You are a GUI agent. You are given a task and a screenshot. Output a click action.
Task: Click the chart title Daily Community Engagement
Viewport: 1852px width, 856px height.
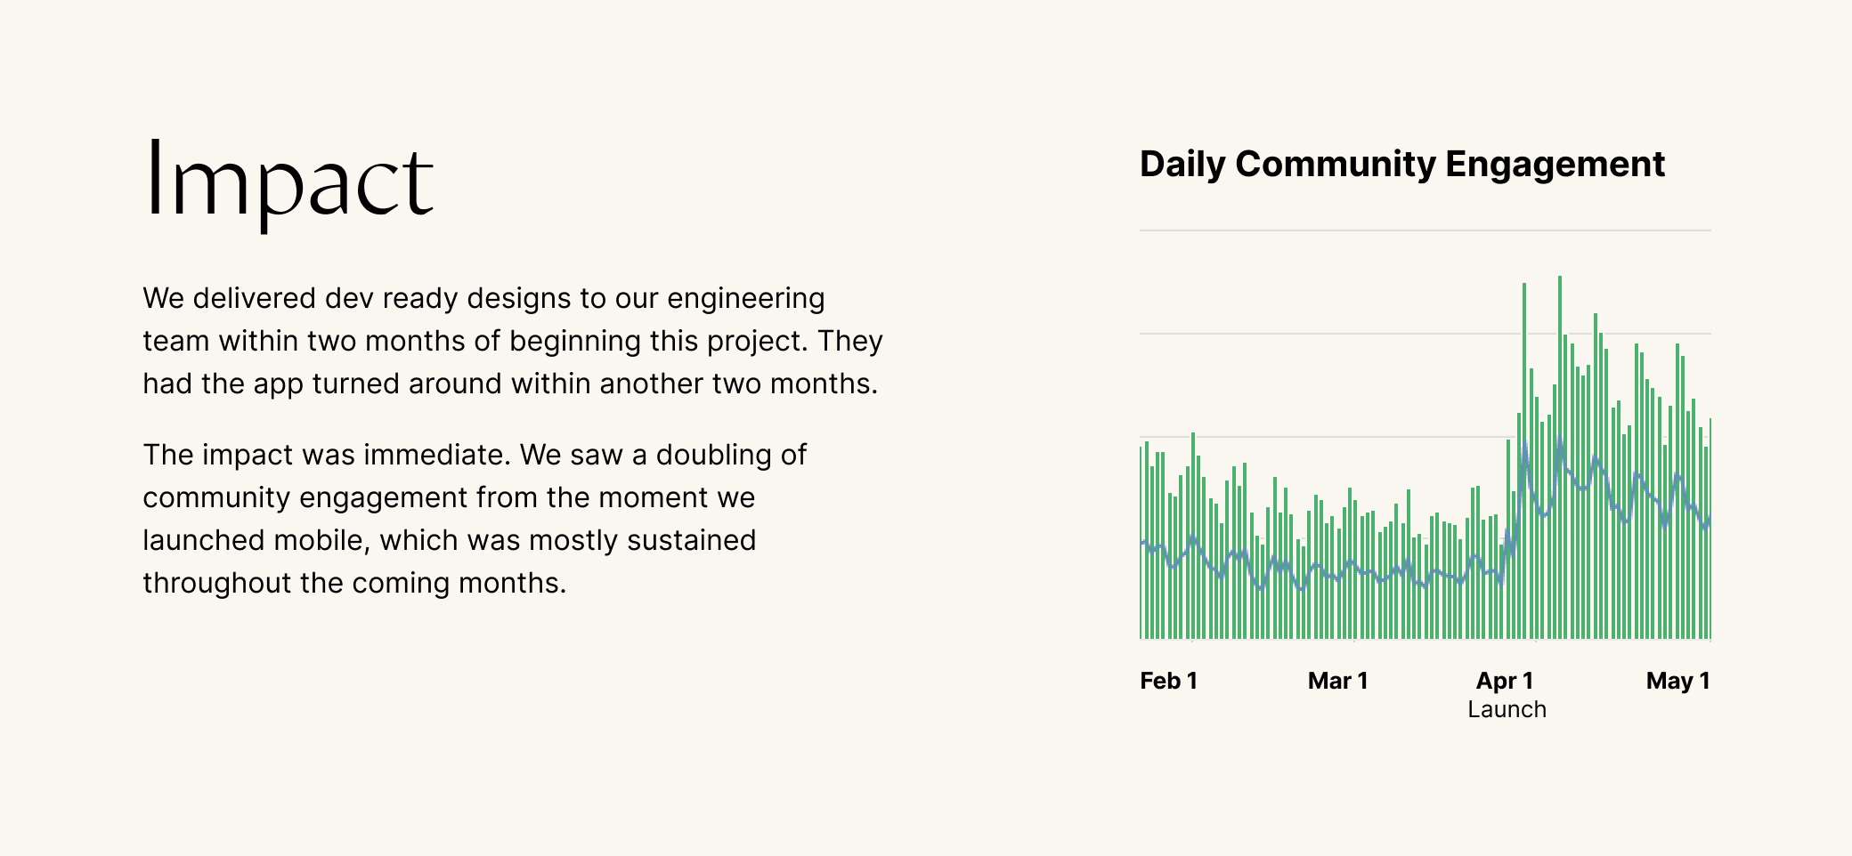(x=1401, y=165)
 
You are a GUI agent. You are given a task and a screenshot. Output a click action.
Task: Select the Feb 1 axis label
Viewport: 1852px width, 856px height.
(x=1168, y=681)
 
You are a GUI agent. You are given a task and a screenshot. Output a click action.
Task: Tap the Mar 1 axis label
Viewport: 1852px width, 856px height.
(x=1337, y=681)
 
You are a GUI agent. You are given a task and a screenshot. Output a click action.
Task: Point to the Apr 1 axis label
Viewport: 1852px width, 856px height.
(x=1505, y=681)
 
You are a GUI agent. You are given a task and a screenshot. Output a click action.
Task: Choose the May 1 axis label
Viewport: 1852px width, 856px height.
(x=1677, y=681)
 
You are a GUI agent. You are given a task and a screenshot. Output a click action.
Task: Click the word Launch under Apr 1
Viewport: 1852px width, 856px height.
(x=1507, y=709)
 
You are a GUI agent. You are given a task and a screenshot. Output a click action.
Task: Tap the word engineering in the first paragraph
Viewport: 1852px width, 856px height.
(x=746, y=298)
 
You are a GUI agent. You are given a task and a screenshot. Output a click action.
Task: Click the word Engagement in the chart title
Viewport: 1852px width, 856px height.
(x=1555, y=165)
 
